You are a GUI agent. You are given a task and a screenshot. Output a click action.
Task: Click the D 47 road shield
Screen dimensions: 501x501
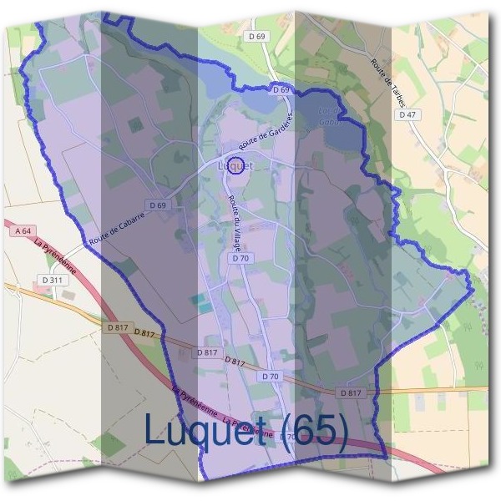pyautogui.click(x=407, y=114)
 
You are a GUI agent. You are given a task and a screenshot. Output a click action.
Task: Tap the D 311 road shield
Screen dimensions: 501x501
pyautogui.click(x=52, y=280)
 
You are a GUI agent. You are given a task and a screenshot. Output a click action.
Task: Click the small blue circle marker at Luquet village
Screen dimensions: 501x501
pyautogui.click(x=236, y=166)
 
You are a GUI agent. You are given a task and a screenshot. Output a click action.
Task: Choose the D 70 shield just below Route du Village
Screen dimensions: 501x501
pyautogui.click(x=240, y=259)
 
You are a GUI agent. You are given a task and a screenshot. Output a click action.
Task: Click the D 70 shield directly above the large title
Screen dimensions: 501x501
pyautogui.click(x=270, y=377)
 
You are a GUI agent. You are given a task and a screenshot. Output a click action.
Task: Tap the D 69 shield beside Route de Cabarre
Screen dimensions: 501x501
pyautogui.click(x=157, y=205)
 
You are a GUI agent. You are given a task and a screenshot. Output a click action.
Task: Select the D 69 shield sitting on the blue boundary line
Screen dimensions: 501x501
pyautogui.click(x=281, y=89)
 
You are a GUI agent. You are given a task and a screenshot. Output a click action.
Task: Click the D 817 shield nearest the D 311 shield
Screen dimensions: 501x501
pyautogui.click(x=119, y=328)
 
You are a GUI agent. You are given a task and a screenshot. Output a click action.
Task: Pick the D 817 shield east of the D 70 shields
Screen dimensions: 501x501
pyautogui.click(x=351, y=392)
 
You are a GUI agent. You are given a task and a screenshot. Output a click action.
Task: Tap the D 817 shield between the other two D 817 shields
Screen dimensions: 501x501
pyautogui.click(x=207, y=353)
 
